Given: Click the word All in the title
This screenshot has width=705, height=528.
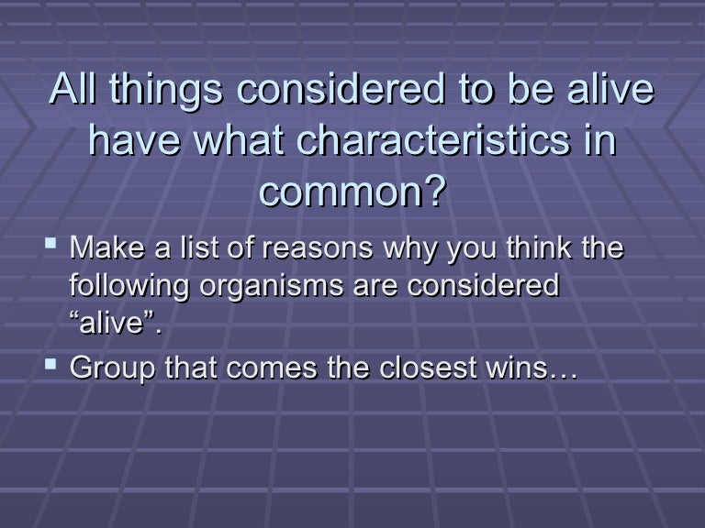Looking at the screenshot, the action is point(73,88).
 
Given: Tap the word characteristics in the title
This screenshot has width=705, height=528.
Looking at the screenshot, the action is point(433,139).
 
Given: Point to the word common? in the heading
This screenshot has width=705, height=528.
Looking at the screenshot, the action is point(352,192).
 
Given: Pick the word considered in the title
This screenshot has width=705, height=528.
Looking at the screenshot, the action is point(341,88).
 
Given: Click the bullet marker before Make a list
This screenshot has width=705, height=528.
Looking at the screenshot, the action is point(50,244).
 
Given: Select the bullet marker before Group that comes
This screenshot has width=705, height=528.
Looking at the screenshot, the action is point(50,364).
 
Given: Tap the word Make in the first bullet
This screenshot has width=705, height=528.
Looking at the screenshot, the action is point(107,247).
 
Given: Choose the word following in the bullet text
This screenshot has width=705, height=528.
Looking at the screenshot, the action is point(129,287).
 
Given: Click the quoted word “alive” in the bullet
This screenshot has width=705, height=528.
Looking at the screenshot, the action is point(116,322).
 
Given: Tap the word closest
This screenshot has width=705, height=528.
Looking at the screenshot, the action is point(428,368).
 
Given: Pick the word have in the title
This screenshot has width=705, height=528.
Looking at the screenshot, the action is point(134,139).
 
